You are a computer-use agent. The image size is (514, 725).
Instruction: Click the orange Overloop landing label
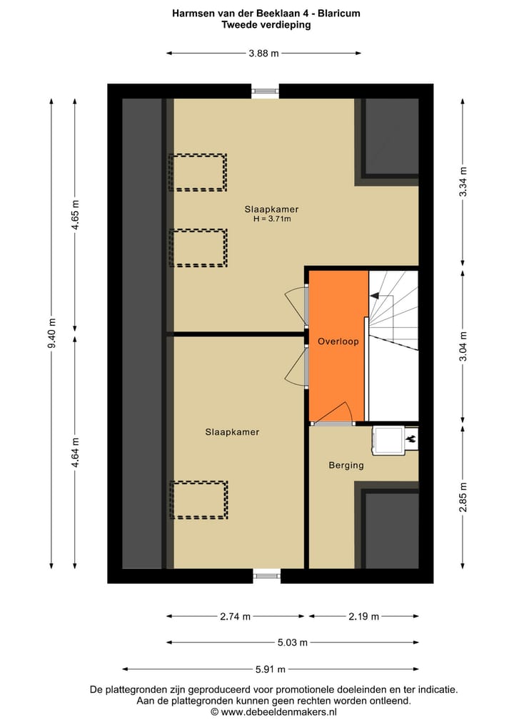338,342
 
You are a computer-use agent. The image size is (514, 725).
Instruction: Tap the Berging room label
346,466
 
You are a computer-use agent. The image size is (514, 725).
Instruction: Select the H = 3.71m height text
271,220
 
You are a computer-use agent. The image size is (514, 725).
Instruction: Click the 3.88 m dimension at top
263,53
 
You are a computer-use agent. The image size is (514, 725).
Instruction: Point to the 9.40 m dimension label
51,333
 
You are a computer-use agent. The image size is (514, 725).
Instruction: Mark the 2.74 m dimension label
236,617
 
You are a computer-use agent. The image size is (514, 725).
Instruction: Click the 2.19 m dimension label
363,617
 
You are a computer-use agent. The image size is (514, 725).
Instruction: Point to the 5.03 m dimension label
292,642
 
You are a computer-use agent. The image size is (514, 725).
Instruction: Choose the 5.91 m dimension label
270,669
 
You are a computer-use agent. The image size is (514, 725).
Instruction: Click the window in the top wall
265,91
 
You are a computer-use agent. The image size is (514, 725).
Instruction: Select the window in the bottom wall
267,576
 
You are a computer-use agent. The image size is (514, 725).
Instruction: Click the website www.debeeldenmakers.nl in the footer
278,711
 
